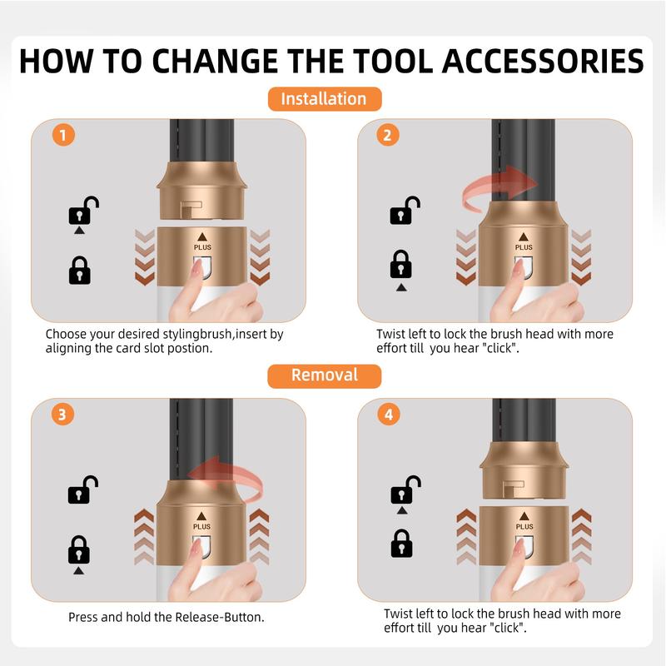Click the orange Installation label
point(325,99)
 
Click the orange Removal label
point(325,376)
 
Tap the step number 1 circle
point(63,135)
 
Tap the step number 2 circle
point(388,135)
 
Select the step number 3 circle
point(63,414)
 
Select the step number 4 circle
point(389,414)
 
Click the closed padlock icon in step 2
point(401,264)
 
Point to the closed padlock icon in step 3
point(79,549)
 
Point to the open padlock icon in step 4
point(405,490)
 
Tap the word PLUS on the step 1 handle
point(202,247)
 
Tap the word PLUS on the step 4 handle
point(524,527)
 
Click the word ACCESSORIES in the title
point(544,61)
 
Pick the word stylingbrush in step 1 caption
point(197,335)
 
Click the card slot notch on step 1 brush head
point(190,209)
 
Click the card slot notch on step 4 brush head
point(513,489)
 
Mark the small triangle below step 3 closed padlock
point(78,571)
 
